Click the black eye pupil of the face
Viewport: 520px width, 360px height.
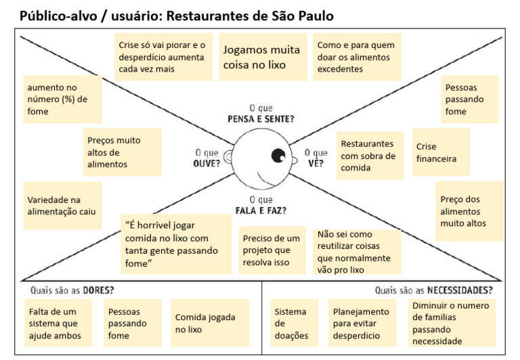tap(278, 155)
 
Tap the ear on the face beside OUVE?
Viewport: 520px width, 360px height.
tap(227, 157)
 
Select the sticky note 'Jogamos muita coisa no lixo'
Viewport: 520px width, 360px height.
tap(263, 57)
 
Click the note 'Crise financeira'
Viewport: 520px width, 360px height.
tap(441, 152)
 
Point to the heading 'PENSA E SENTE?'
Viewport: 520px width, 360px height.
tap(261, 119)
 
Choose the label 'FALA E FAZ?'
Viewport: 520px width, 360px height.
tap(261, 210)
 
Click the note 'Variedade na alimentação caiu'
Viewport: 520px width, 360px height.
tap(63, 206)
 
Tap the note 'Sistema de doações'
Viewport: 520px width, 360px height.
tap(294, 323)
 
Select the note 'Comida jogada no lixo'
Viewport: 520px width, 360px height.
tap(210, 323)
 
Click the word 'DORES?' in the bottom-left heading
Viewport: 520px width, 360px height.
tap(98, 290)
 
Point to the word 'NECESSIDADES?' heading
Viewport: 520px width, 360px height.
tap(460, 290)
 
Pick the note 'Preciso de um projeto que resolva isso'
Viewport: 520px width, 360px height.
tap(272, 250)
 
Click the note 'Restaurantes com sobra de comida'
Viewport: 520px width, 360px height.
tap(370, 156)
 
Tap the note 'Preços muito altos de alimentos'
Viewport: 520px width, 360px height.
tap(123, 152)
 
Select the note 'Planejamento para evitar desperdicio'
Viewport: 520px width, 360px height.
tap(362, 323)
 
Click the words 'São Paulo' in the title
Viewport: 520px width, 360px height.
tap(303, 16)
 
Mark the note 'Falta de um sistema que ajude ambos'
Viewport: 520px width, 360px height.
tap(58, 323)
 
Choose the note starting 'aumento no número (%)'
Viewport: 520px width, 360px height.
tap(63, 99)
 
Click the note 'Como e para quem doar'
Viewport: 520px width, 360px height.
tap(357, 57)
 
